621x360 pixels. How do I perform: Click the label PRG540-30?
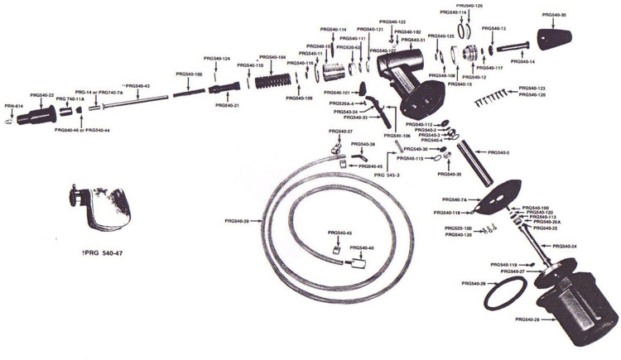click(554, 15)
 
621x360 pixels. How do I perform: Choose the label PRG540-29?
click(527, 319)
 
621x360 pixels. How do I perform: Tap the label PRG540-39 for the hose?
click(237, 221)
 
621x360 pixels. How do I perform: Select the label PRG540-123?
click(532, 88)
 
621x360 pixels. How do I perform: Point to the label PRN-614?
click(14, 107)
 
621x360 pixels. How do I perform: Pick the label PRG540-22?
click(41, 95)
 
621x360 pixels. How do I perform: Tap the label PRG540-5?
click(499, 153)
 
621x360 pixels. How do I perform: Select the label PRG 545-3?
click(387, 175)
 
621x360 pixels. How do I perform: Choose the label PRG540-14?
click(522, 61)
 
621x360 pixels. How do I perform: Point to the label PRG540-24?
click(565, 247)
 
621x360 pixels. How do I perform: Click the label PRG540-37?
click(341, 132)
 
